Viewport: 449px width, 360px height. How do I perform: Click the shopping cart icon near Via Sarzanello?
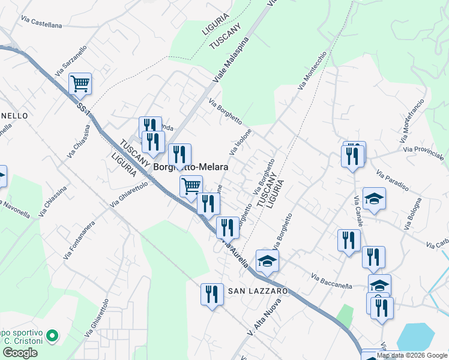(80, 83)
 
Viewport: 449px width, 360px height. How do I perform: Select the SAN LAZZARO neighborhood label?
(258, 290)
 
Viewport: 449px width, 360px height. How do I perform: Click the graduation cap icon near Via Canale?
(374, 198)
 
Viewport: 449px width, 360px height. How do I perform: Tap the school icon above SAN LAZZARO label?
(267, 260)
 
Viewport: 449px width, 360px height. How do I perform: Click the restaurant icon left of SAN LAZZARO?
(212, 294)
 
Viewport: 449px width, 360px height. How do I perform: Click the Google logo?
(20, 353)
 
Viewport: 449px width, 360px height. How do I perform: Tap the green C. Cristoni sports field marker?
(52, 336)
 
